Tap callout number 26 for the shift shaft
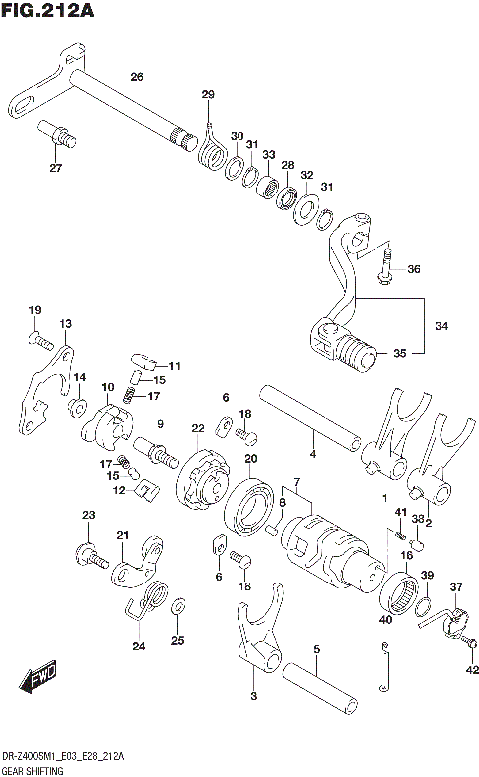coord(137,77)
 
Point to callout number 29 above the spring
coord(208,95)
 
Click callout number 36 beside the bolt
coord(414,269)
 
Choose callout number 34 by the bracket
coord(441,326)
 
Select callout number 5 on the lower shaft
coord(316,650)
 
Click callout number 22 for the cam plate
coord(198,428)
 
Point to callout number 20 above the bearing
coord(251,459)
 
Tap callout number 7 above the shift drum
coord(296,483)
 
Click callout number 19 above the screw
coord(33,310)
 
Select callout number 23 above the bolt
coord(88,515)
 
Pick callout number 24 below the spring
coord(138,646)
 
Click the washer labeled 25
coord(177,607)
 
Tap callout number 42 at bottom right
coord(471,671)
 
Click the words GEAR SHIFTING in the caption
coord(32,770)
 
